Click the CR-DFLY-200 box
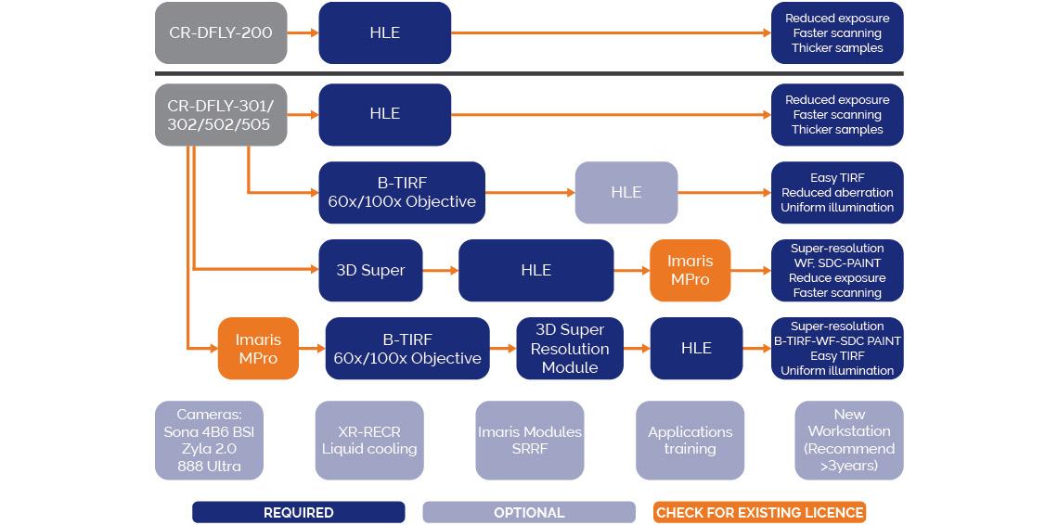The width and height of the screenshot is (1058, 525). tap(221, 32)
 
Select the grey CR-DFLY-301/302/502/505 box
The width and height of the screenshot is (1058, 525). tap(221, 114)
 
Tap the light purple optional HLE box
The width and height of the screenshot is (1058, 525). tap(626, 192)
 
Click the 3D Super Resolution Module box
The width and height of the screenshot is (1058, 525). tap(570, 348)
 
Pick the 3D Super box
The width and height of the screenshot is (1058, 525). tap(370, 270)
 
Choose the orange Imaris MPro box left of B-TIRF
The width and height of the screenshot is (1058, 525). tap(258, 348)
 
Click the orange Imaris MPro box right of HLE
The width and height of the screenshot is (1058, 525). tap(690, 270)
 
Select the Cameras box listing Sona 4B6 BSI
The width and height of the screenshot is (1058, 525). tap(209, 441)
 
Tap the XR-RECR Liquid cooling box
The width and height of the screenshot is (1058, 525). tap(369, 441)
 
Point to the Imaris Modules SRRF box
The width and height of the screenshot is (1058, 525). tap(530, 441)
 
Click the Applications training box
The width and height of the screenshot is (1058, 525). tap(690, 441)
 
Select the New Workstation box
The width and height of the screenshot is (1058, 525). tap(849, 441)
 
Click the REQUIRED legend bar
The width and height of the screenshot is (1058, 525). tap(298, 512)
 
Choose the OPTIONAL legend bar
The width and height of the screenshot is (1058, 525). tap(529, 512)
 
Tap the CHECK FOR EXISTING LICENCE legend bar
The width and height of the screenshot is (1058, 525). tap(760, 512)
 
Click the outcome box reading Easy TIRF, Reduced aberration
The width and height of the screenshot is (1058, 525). tap(837, 192)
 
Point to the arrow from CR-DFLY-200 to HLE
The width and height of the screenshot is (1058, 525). tap(303, 32)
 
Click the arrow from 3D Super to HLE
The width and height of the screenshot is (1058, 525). tap(441, 270)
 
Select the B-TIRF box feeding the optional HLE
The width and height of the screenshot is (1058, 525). tap(402, 192)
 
